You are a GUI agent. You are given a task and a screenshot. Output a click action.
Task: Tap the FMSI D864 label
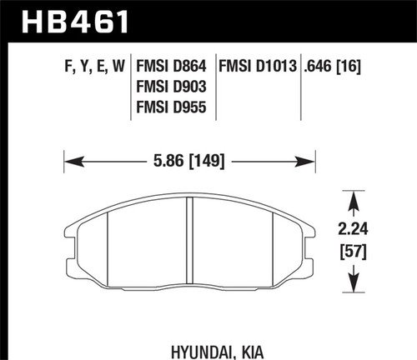[173, 64]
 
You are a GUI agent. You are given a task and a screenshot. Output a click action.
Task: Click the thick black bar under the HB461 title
[208, 42]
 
